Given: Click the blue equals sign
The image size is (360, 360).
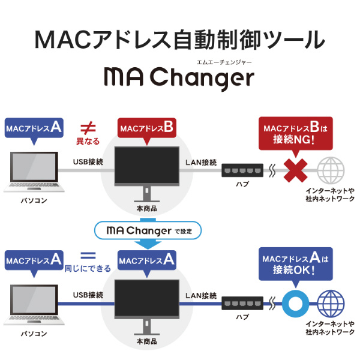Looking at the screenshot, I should [x=88, y=254].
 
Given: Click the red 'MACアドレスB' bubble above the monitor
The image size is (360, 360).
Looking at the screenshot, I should [x=147, y=128].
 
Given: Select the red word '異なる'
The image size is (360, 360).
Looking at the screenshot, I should [x=88, y=142].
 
